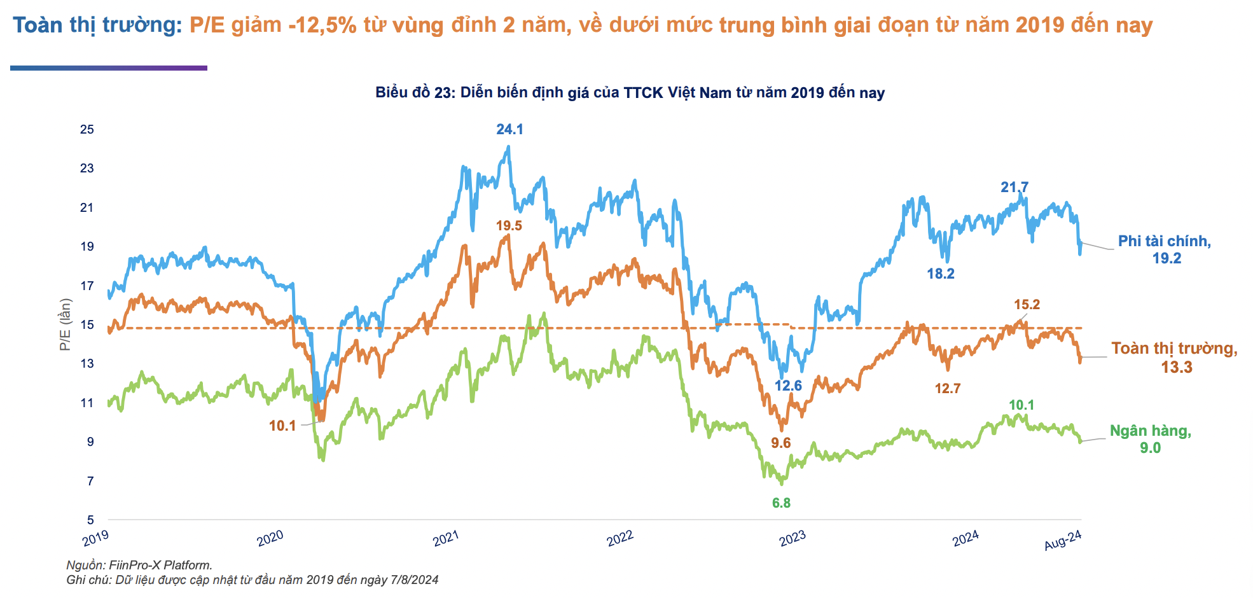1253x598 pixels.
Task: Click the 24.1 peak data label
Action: [509, 130]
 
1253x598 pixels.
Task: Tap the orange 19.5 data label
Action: [509, 226]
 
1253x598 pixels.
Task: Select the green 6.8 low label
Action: [781, 503]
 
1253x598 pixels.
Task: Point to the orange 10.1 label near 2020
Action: [282, 426]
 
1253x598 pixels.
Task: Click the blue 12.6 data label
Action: [788, 386]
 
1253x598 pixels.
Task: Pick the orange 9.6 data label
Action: [780, 443]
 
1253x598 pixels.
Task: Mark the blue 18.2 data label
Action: [941, 274]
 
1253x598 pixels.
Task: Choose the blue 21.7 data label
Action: [1014, 188]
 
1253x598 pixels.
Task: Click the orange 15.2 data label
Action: [1027, 305]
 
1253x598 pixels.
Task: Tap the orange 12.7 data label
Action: [947, 389]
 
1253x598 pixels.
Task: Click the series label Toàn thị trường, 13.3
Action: [1174, 358]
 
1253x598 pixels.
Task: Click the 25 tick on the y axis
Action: [87, 130]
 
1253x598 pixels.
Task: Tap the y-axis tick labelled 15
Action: [87, 325]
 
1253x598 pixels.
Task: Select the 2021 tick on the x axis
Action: [446, 538]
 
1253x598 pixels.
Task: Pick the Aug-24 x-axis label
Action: [1063, 540]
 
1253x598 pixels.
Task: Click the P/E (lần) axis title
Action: [66, 324]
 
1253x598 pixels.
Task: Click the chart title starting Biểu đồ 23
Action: [630, 93]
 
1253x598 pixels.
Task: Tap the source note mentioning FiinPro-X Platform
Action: [139, 565]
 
